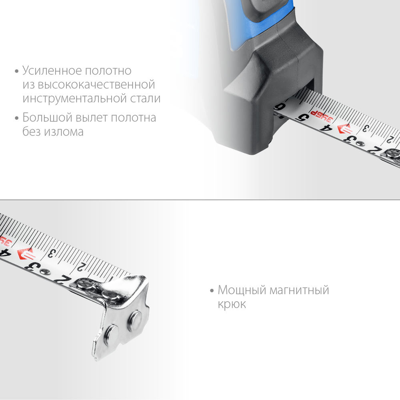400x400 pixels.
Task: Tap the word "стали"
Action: pyautogui.click(x=146, y=98)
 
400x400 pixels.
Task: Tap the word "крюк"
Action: pyautogui.click(x=232, y=304)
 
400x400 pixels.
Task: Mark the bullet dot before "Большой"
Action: pyautogui.click(x=16, y=118)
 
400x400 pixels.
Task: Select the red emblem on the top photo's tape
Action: pyautogui.click(x=345, y=129)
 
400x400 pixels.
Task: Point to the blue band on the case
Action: pyautogui.click(x=264, y=28)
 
